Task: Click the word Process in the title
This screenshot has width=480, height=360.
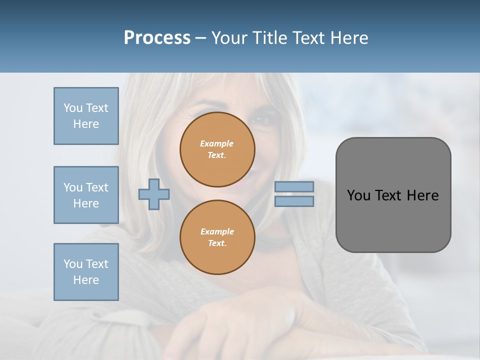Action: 157,38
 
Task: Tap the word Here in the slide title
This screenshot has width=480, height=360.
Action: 348,38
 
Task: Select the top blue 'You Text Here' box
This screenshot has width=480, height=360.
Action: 86,116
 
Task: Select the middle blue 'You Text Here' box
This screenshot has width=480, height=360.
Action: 86,195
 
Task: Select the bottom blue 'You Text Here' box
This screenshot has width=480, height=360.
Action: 86,272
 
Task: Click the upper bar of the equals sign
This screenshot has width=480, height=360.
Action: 294,186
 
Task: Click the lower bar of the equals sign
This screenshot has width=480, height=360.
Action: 294,201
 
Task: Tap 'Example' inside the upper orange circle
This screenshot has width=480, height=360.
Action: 216,143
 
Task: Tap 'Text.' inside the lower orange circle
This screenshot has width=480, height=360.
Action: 217,243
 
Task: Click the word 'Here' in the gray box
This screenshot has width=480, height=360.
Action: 423,195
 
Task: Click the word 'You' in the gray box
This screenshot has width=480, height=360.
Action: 358,195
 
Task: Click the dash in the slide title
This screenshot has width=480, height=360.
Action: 200,38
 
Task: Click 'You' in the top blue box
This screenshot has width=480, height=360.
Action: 73,108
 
